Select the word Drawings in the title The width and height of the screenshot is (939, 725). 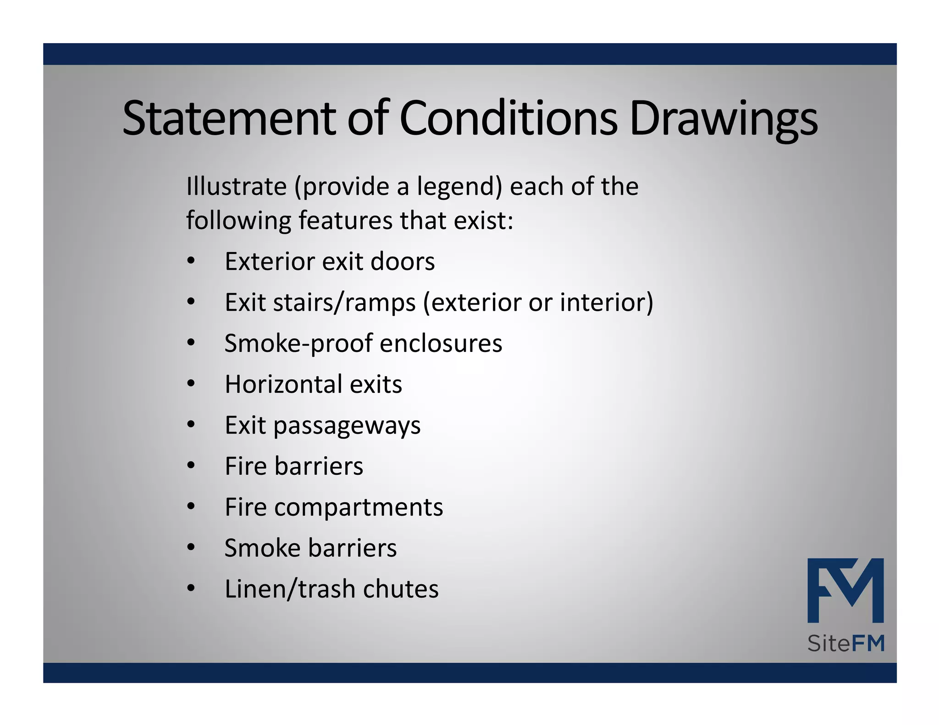724,119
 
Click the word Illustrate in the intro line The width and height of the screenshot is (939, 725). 236,187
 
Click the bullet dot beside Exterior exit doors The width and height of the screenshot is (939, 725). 191,262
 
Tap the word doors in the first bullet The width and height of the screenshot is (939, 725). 402,262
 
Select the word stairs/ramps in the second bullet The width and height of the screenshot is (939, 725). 344,303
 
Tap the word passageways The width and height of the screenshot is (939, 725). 347,426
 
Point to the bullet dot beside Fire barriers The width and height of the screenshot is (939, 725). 191,466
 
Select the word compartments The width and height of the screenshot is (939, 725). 359,507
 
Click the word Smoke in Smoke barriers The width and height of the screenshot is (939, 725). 262,548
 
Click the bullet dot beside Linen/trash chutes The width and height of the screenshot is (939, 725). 191,589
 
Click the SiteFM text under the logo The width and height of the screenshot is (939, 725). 845,643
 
